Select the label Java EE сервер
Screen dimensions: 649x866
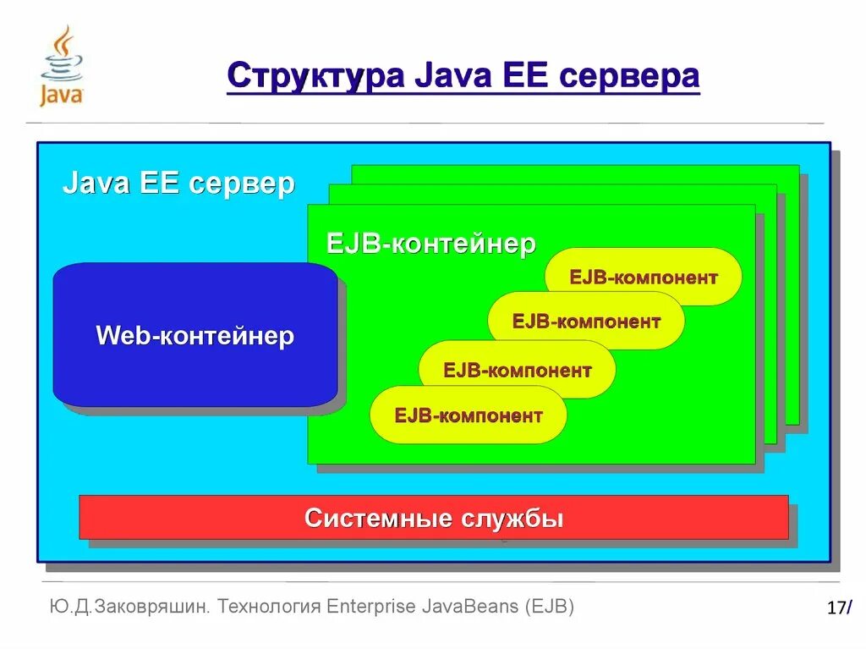pyautogui.click(x=178, y=184)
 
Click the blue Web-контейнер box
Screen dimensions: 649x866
pyautogui.click(x=195, y=335)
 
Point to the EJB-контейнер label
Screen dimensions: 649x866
pyautogui.click(x=431, y=244)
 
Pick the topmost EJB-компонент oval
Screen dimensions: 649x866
pyautogui.click(x=644, y=277)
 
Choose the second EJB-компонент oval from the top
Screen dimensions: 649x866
pyautogui.click(x=586, y=321)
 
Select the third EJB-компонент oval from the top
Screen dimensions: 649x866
pyautogui.click(x=517, y=370)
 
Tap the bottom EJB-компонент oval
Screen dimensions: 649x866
pyautogui.click(x=468, y=415)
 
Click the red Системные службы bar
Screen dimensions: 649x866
pyautogui.click(x=433, y=517)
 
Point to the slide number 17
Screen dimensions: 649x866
pyautogui.click(x=836, y=608)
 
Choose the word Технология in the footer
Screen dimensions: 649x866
pyautogui.click(x=269, y=607)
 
